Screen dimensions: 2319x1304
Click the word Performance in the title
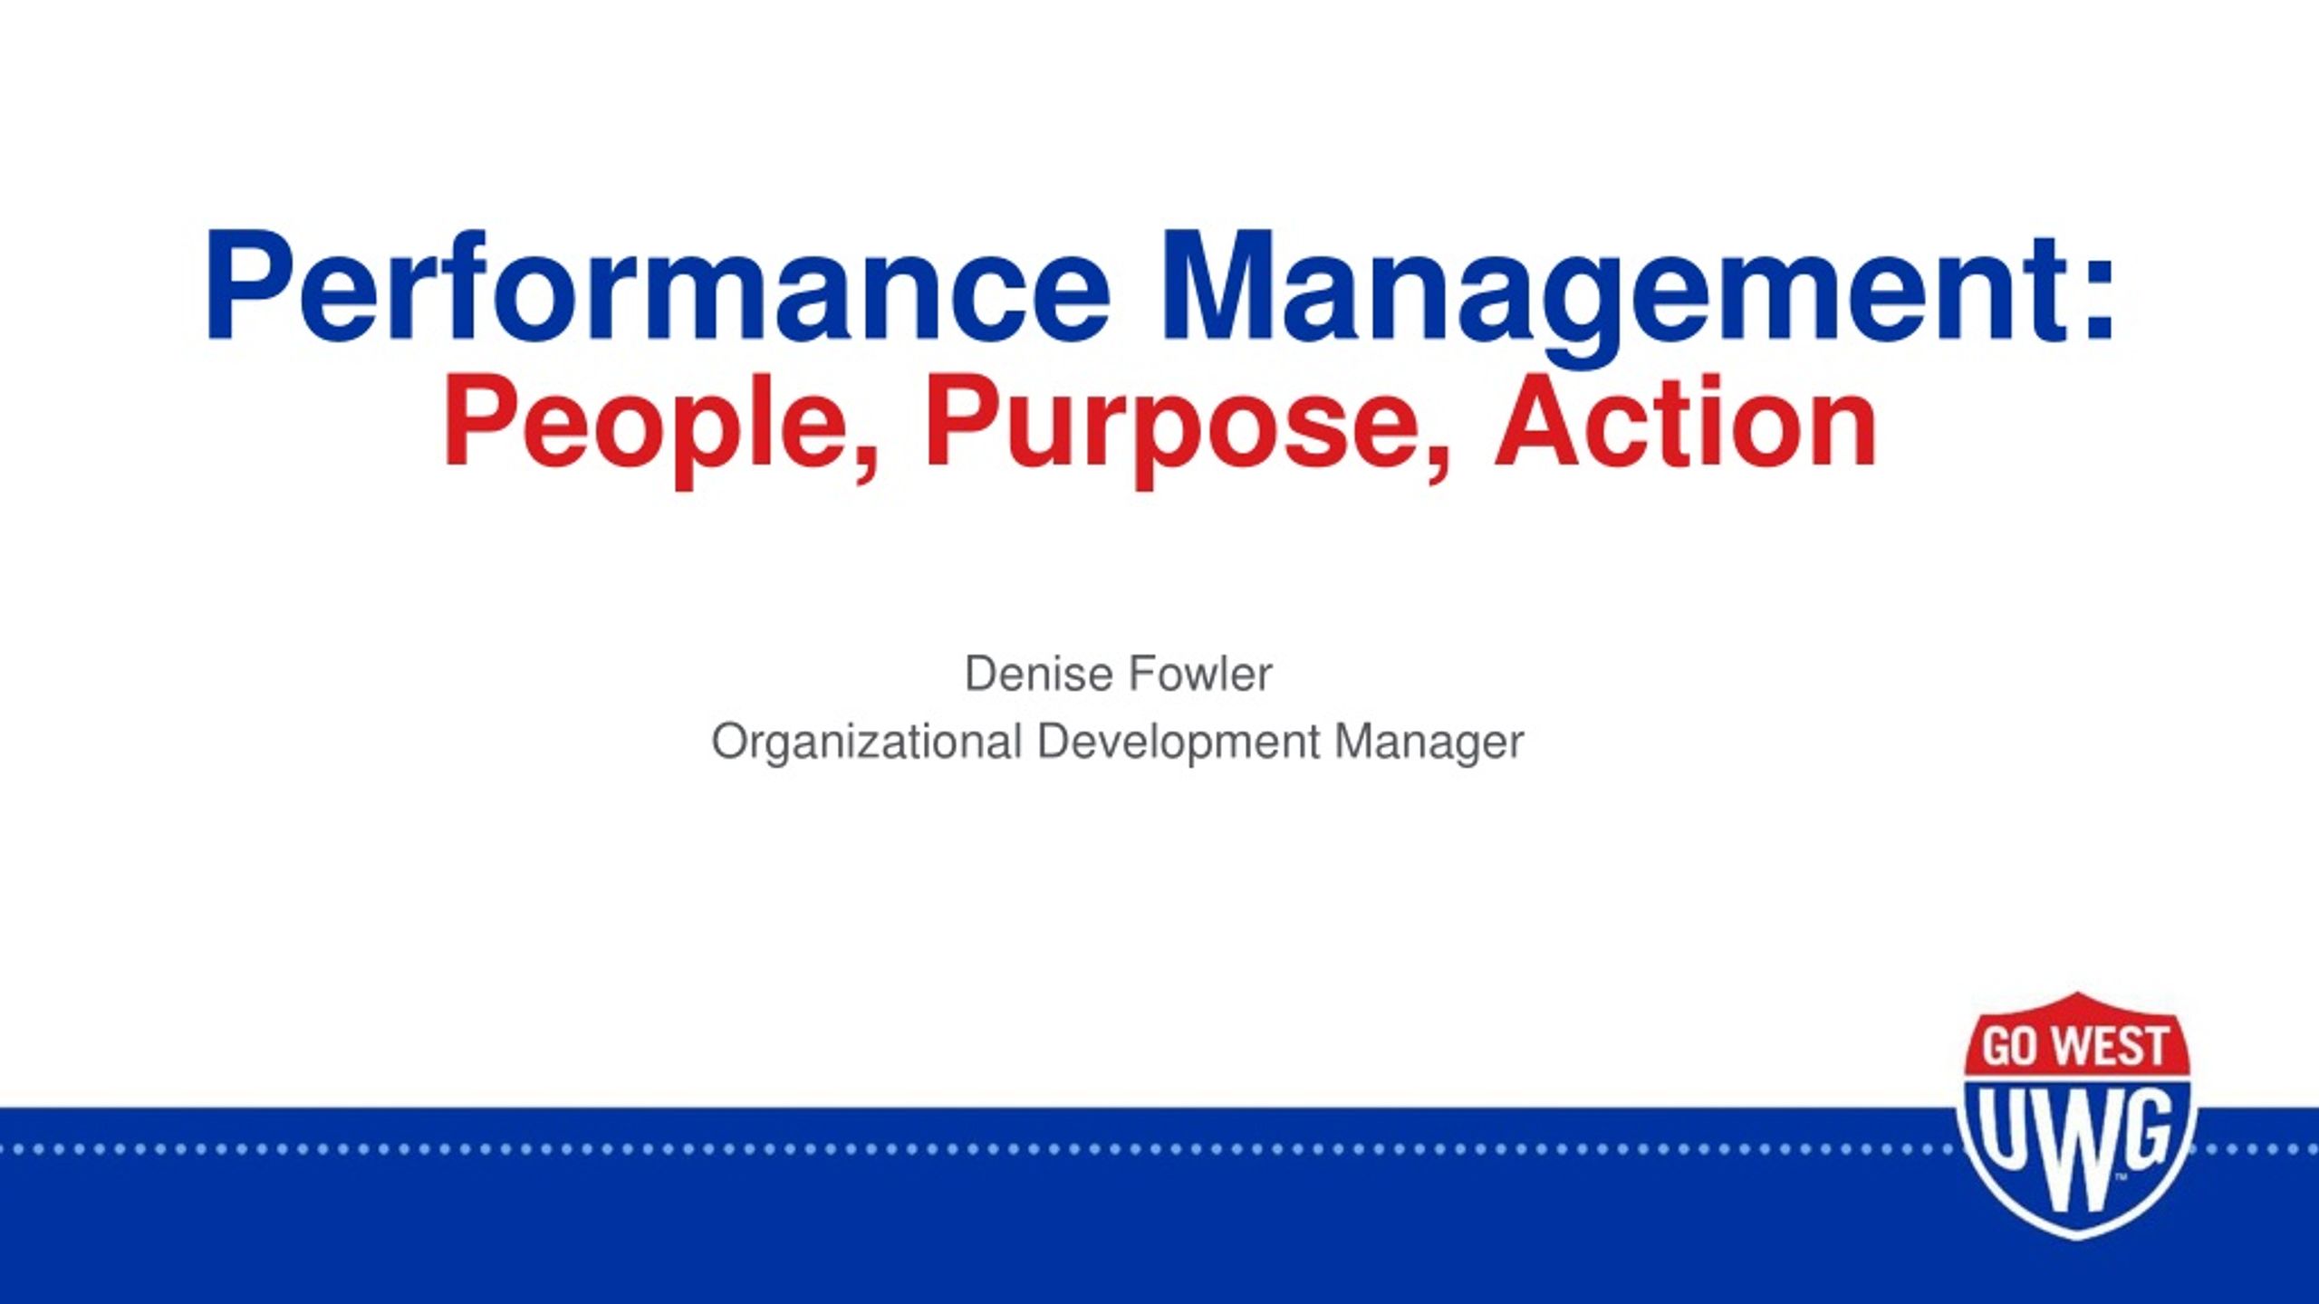pyautogui.click(x=657, y=286)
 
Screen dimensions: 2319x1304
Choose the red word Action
pyautogui.click(x=1686, y=421)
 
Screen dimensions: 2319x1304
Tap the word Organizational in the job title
pyautogui.click(x=867, y=743)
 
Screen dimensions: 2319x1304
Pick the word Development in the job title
pyautogui.click(x=1179, y=743)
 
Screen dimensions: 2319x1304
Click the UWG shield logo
pyautogui.click(x=2074, y=1115)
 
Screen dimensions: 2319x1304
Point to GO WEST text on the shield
pyautogui.click(x=2074, y=1047)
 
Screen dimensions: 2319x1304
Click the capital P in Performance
pyautogui.click(x=245, y=286)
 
